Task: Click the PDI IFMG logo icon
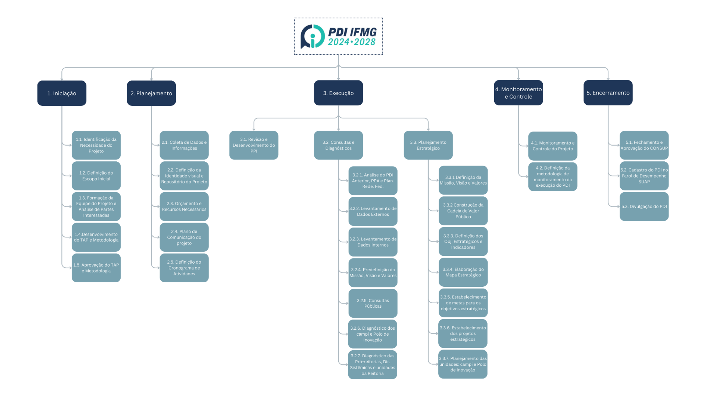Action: (312, 36)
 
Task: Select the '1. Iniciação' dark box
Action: (62, 93)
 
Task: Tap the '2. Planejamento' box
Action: (151, 93)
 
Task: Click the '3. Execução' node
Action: (338, 93)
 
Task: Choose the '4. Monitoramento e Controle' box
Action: (518, 93)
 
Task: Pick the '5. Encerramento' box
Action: (608, 93)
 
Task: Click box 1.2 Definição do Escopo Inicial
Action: (96, 176)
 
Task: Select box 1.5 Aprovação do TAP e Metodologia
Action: (96, 268)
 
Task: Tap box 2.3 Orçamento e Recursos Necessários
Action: (184, 207)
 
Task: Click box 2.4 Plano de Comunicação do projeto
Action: (184, 237)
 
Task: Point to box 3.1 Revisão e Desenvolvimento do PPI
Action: (254, 145)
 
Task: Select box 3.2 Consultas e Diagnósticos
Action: (338, 145)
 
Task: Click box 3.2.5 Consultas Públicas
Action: (373, 303)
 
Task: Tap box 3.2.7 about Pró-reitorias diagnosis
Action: (372, 365)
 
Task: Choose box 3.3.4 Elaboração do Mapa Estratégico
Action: (463, 272)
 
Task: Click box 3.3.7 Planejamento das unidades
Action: (463, 364)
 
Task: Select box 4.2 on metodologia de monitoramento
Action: (553, 177)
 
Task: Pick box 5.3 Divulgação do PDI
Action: (644, 207)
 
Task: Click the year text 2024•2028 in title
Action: (352, 42)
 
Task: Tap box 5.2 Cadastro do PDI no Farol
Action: (644, 176)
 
